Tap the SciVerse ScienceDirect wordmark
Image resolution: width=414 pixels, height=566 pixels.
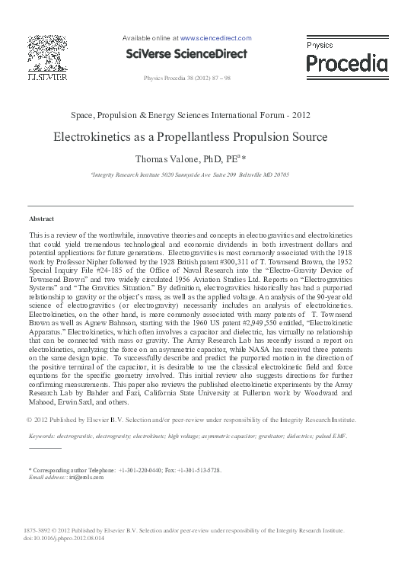(x=186, y=54)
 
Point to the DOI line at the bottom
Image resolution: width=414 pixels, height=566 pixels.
(x=64, y=537)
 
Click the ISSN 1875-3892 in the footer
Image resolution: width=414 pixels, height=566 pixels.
(x=38, y=530)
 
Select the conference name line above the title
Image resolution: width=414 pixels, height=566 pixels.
(x=190, y=116)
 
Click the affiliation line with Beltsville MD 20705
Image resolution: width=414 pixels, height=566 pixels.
(x=190, y=174)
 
